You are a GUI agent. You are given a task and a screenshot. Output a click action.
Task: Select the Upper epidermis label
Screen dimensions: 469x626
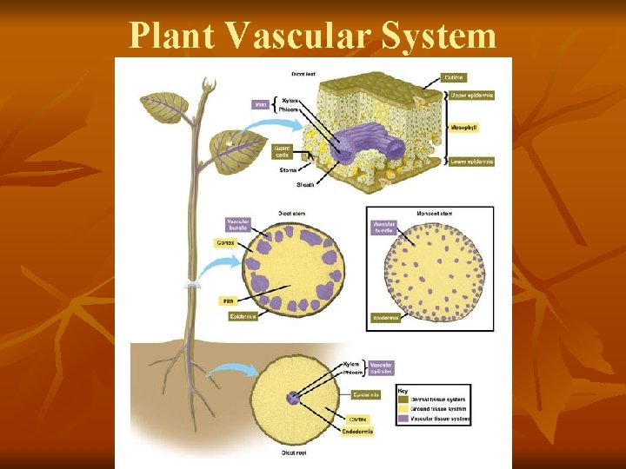(469, 95)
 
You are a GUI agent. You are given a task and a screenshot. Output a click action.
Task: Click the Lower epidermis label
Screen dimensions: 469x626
(469, 161)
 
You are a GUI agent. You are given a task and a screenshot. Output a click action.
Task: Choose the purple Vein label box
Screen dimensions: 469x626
(260, 104)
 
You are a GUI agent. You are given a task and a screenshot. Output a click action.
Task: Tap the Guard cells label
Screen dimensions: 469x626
(283, 151)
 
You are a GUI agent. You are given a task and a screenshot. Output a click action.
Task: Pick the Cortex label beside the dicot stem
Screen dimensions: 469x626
(224, 244)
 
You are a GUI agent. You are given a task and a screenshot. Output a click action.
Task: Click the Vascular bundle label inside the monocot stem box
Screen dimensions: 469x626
(384, 227)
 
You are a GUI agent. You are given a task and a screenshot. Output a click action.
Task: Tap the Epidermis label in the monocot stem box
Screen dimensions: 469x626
(385, 318)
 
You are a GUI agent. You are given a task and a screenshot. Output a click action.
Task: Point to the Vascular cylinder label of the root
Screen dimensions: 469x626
(381, 367)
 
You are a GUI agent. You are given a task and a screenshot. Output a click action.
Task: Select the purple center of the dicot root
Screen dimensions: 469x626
(293, 399)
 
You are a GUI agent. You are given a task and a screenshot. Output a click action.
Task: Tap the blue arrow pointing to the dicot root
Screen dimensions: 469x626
(231, 372)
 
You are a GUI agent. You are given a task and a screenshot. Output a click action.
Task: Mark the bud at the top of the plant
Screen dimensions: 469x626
(208, 85)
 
